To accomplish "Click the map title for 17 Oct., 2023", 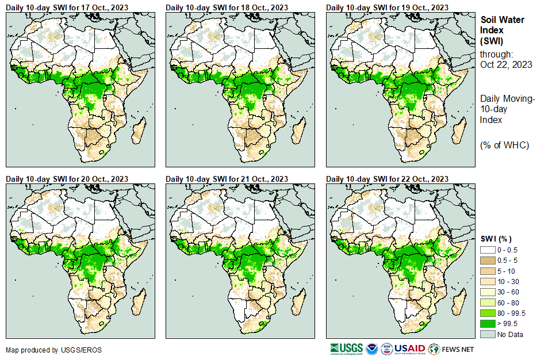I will tap(67, 7).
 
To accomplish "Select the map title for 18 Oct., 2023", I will tap(227, 7).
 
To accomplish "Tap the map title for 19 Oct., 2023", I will tap(387, 7).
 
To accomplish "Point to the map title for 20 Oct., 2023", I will tap(67, 179).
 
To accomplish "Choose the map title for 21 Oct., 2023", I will tap(227, 179).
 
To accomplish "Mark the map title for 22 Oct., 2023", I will tap(387, 179).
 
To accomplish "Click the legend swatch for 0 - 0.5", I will tap(488, 250).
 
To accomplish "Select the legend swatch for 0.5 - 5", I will tap(488, 260).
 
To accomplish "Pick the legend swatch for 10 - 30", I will tap(488, 281).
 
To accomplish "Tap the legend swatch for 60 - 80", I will tap(488, 302).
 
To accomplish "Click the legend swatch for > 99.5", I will tap(488, 324).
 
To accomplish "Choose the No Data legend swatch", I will tap(488, 334).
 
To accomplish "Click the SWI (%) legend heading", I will tap(496, 239).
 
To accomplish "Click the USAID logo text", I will tap(409, 348).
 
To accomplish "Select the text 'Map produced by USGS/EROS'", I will tap(45, 350).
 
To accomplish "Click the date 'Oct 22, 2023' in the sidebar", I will tap(506, 64).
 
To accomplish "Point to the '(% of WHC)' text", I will tap(504, 145).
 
